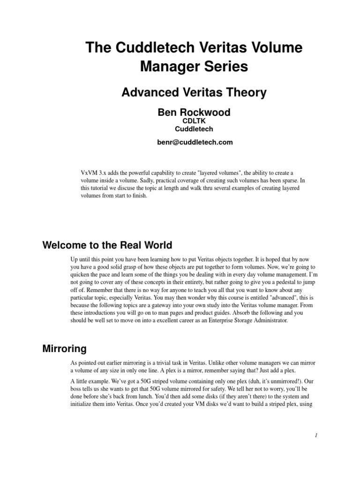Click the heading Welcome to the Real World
point(107,245)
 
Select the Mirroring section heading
point(64,349)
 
